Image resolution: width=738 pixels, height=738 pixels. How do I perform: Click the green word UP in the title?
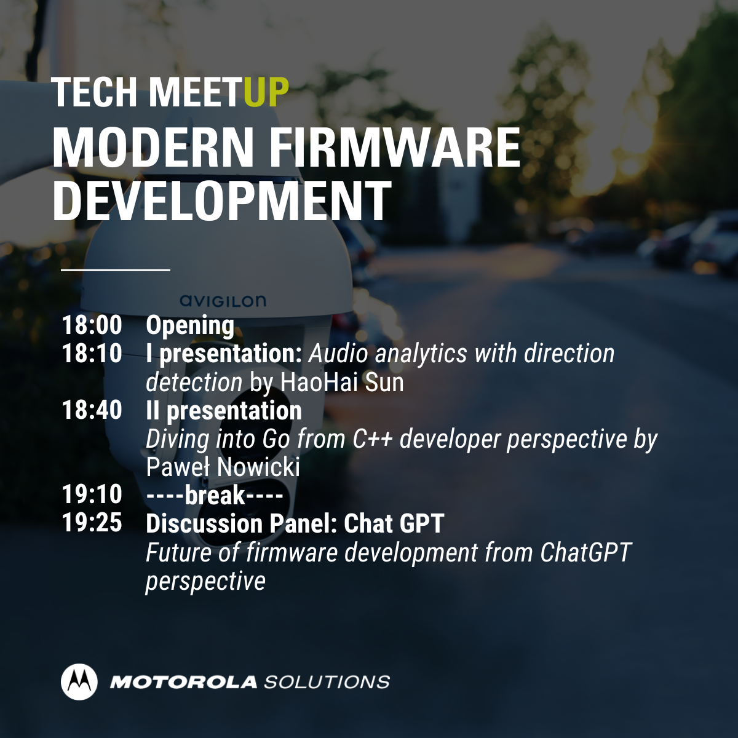tap(266, 92)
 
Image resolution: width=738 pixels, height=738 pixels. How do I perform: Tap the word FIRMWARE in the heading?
tap(397, 148)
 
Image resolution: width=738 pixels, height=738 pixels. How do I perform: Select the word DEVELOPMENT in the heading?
tap(222, 200)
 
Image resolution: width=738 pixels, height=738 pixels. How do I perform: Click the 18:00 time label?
tap(92, 325)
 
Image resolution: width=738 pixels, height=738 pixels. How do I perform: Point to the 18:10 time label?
tap(92, 353)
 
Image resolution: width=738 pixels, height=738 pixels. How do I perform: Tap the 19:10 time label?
tap(92, 494)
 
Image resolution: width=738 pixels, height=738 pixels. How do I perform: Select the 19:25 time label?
tap(92, 523)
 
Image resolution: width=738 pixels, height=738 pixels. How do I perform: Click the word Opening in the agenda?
tap(190, 327)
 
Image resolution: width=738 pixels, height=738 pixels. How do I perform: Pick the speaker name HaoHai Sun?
tap(343, 382)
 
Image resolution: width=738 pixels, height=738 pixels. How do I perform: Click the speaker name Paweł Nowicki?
tap(223, 467)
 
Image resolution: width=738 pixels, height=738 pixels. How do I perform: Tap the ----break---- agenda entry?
tap(215, 495)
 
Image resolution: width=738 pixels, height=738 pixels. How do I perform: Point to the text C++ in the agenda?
tap(373, 439)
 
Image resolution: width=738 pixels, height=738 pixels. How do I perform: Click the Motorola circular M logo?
tap(79, 681)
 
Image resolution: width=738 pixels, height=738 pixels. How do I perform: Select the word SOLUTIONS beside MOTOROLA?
tap(327, 682)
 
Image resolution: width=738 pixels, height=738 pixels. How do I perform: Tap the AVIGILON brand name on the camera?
tap(223, 301)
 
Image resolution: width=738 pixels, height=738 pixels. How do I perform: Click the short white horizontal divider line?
tap(115, 270)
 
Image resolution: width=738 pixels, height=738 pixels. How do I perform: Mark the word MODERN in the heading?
tap(153, 148)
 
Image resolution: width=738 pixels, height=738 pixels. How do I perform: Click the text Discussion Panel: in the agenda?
tap(241, 523)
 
